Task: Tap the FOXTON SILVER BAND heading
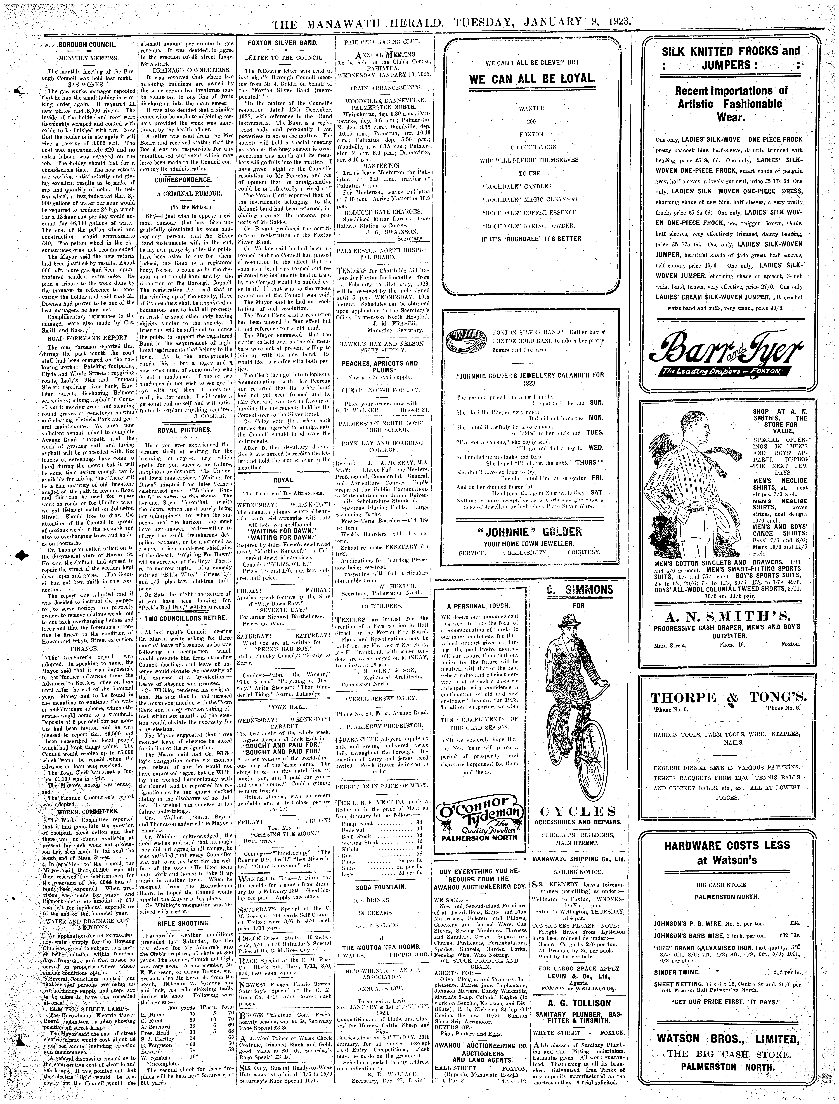click(x=283, y=43)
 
